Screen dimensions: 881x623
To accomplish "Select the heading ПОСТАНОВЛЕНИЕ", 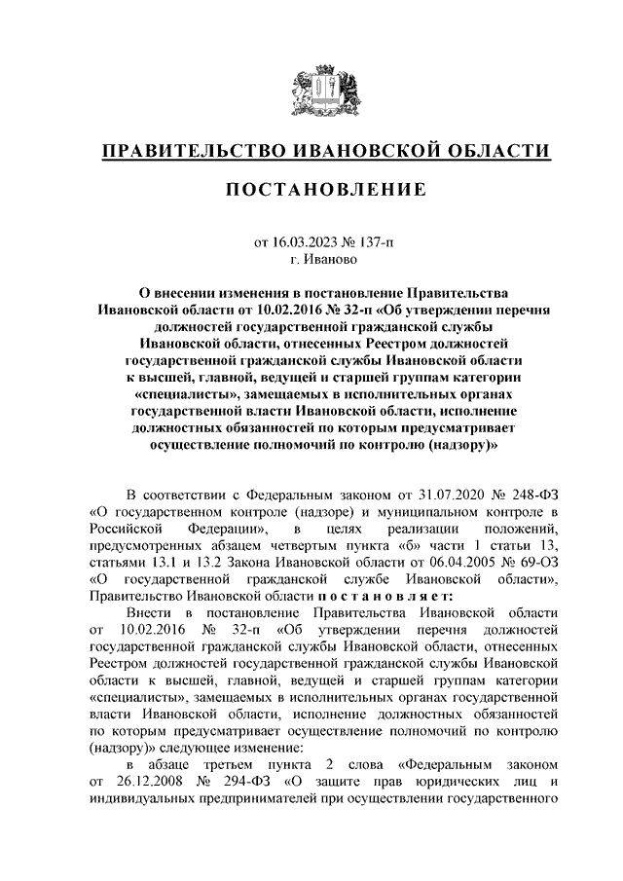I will pos(326,190).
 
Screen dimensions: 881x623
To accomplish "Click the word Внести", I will pos(149,612).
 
